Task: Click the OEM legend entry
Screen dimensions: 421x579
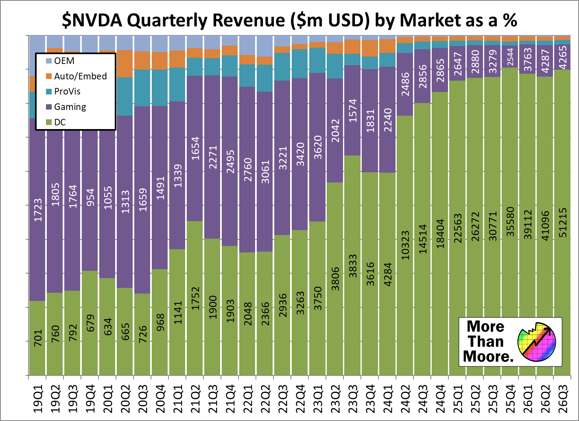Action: [64, 61]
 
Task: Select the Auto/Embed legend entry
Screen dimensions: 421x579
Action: [80, 76]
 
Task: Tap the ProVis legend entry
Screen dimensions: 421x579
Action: [67, 91]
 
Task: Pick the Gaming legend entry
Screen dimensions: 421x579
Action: [70, 107]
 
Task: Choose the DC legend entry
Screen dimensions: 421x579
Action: [59, 122]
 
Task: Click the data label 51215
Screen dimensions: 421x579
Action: [562, 223]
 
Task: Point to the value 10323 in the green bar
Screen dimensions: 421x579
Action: [405, 245]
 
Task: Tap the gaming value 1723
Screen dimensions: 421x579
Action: [38, 210]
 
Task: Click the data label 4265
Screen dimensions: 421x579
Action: [562, 57]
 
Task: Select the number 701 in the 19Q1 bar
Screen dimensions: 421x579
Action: [38, 338]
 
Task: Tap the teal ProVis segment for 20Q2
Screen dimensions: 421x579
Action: [125, 96]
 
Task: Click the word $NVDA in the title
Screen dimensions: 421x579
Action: [92, 20]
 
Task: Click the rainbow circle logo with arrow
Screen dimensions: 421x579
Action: [537, 342]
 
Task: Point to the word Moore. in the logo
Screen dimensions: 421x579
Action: [488, 356]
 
